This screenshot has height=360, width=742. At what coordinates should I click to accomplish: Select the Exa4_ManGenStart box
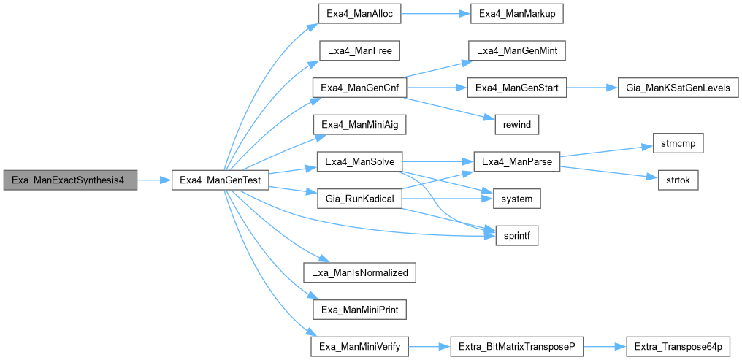(x=516, y=88)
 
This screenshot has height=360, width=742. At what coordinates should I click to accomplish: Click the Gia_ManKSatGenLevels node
(x=678, y=88)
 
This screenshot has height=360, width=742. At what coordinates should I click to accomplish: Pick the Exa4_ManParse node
(x=516, y=161)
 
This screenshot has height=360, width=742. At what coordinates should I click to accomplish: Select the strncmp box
(x=671, y=143)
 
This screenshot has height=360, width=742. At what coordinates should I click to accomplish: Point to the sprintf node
(x=517, y=235)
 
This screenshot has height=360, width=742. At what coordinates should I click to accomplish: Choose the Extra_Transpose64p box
(x=678, y=346)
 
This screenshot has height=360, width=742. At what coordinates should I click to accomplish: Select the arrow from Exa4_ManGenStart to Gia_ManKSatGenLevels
(x=592, y=88)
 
